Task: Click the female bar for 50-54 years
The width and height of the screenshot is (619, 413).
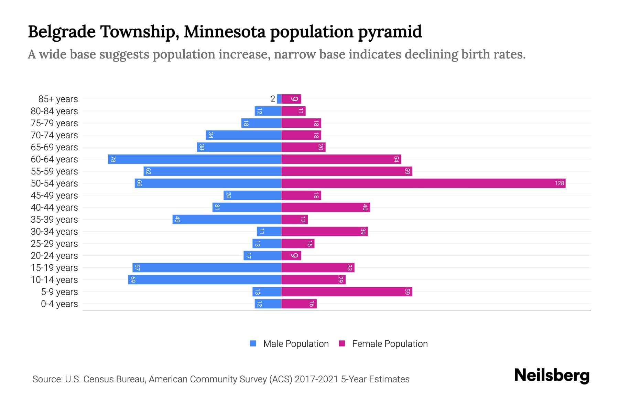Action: pyautogui.click(x=423, y=183)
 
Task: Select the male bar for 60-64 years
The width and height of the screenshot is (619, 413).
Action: pyautogui.click(x=195, y=159)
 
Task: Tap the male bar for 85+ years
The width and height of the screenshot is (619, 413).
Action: pyautogui.click(x=279, y=99)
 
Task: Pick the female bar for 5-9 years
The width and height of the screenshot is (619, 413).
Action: pyautogui.click(x=347, y=292)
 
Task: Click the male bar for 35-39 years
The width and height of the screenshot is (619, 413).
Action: pyautogui.click(x=227, y=219)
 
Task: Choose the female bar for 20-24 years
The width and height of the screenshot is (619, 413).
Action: pyautogui.click(x=291, y=255)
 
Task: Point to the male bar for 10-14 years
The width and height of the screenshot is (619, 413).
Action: pyautogui.click(x=205, y=279)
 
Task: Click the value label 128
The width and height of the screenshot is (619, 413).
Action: pyautogui.click(x=559, y=183)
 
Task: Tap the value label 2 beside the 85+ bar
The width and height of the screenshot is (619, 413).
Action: pyautogui.click(x=273, y=99)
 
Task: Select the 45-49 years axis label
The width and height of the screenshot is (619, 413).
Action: pyautogui.click(x=54, y=195)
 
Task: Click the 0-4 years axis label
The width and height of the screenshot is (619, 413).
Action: pyautogui.click(x=59, y=304)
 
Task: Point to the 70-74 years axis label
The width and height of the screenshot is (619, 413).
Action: pyautogui.click(x=54, y=135)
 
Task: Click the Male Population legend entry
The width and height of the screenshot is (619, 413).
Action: pyautogui.click(x=296, y=343)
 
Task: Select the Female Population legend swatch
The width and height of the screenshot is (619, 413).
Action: pyautogui.click(x=342, y=343)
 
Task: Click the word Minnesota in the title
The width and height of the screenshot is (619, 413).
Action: pyautogui.click(x=225, y=32)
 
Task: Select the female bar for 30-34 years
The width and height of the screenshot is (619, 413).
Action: pyautogui.click(x=324, y=231)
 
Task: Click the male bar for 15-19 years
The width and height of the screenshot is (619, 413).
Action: pyautogui.click(x=207, y=267)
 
